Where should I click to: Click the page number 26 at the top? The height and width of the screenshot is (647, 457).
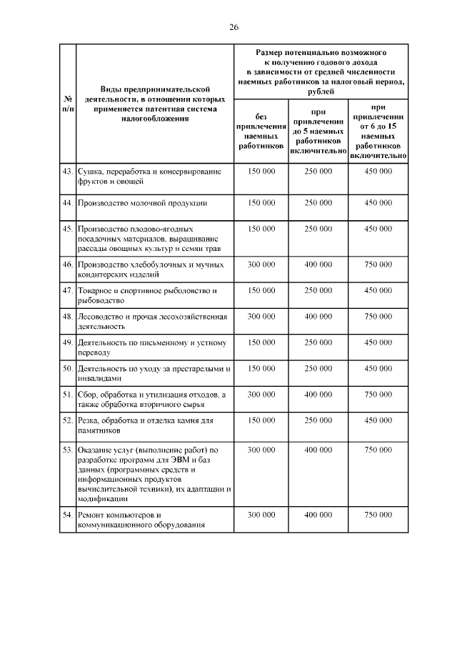[233, 27]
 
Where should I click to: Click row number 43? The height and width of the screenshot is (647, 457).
[67, 172]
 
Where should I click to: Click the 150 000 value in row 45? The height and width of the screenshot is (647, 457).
[261, 229]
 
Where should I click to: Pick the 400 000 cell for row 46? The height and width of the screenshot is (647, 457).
[318, 265]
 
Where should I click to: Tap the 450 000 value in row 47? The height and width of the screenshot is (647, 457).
[378, 291]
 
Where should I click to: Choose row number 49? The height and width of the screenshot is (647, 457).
[67, 343]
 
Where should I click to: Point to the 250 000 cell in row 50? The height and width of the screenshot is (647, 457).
[318, 369]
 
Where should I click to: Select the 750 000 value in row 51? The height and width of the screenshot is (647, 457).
[378, 395]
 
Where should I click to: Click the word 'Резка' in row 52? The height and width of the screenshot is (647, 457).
[91, 420]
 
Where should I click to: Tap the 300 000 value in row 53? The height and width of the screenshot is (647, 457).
[261, 450]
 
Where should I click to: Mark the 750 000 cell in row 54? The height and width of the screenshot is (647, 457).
[378, 515]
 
